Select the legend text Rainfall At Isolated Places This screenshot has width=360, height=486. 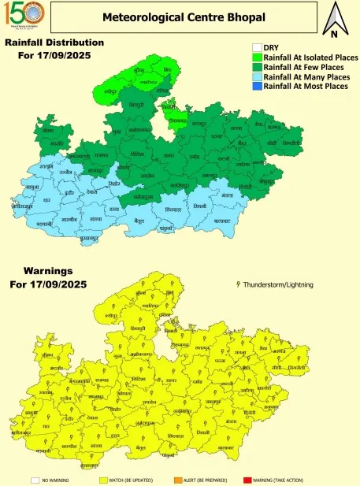310,58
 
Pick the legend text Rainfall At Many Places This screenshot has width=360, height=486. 306,76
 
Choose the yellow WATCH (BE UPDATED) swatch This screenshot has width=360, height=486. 104,480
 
